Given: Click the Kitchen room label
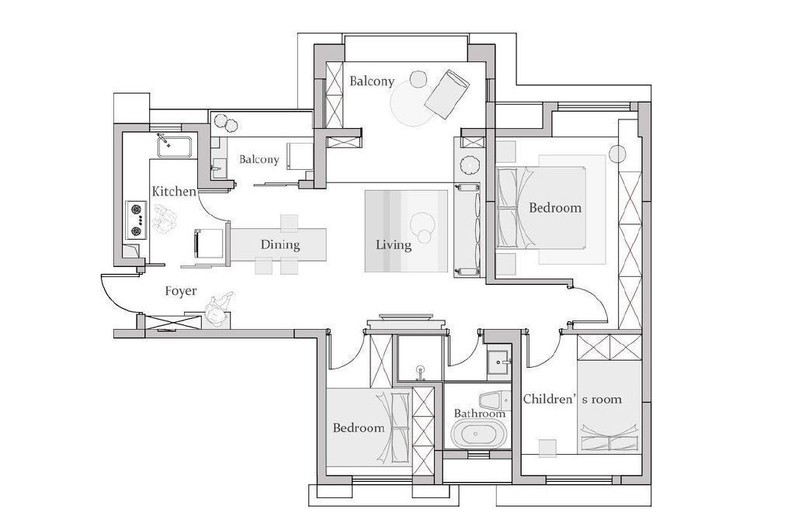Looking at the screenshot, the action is (174, 192).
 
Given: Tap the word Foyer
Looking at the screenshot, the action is (181, 291).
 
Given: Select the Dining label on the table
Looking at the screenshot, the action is (279, 245).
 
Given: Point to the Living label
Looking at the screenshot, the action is (394, 245).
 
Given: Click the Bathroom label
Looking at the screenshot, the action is (480, 414).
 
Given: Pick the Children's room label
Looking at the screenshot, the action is (572, 400).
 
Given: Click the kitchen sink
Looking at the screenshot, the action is (174, 146).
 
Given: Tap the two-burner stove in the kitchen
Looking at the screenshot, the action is (136, 220).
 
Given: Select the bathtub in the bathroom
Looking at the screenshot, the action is (478, 435).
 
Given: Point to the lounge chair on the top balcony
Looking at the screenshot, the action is (446, 94).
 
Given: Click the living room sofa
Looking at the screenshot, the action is (467, 230).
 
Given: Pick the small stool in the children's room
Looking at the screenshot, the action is (547, 449).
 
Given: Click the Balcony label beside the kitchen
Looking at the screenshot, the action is (259, 160).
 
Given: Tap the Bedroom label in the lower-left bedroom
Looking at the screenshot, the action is (359, 428).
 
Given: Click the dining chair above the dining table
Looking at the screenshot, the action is (289, 222).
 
